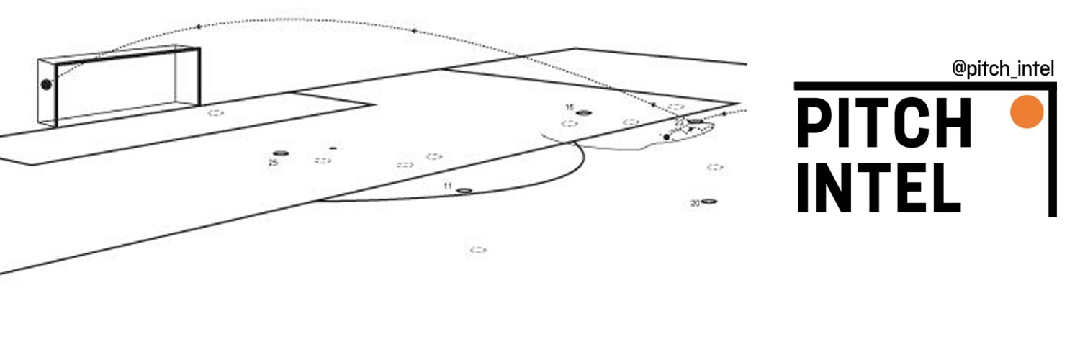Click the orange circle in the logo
point(1027,112)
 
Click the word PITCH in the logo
point(885,122)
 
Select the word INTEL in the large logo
point(879,187)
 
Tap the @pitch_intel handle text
point(1004,69)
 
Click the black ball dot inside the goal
point(46,85)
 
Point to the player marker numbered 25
point(281,153)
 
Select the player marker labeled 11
point(464,191)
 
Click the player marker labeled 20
point(708,201)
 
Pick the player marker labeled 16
point(584,113)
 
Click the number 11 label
point(448,186)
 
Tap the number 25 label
point(273,163)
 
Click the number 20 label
point(696,203)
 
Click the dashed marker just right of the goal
point(215,113)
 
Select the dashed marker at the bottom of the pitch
point(478,250)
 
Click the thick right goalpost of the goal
point(198,76)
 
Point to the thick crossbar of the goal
point(127,56)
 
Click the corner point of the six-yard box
point(374,104)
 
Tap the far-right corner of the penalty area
point(738,103)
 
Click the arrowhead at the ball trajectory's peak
point(198,27)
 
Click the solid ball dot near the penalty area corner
point(667,138)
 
